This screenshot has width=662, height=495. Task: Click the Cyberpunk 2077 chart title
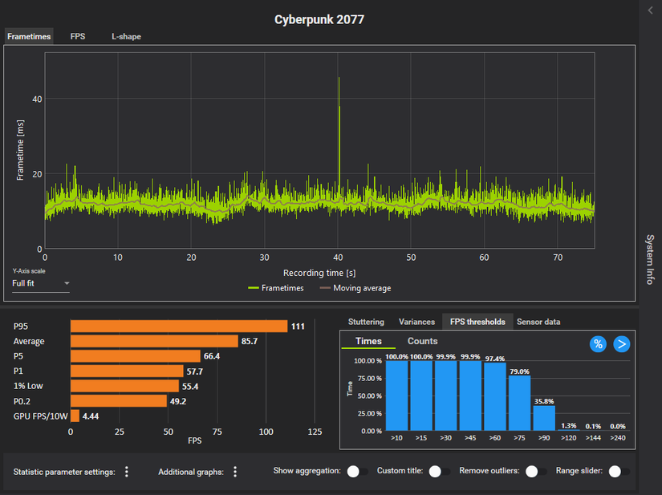point(319,19)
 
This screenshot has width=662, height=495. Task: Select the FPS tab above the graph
point(78,36)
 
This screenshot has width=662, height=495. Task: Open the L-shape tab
point(126,36)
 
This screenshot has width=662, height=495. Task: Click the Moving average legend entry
point(355,288)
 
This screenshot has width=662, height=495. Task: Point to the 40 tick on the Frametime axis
point(37,99)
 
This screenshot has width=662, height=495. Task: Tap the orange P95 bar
point(178,326)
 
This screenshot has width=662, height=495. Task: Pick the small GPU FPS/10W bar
point(75,416)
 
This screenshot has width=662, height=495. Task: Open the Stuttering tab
point(366,322)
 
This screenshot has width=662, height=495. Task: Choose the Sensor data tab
point(538,322)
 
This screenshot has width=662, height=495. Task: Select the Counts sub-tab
point(423,341)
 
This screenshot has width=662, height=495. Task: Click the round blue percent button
point(598,343)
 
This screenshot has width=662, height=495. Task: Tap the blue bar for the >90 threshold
point(544,418)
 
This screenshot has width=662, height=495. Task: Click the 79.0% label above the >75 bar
point(519,371)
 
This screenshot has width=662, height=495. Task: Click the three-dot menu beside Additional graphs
point(235,472)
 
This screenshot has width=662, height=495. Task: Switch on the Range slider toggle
point(619,472)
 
